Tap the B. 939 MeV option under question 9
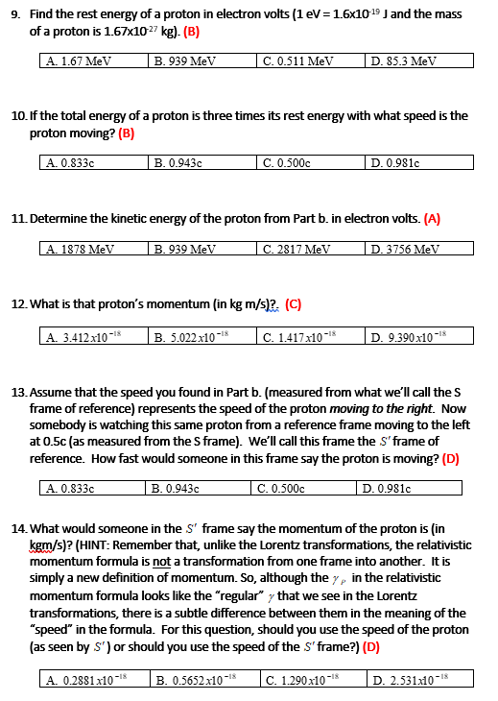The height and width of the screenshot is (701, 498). point(185,60)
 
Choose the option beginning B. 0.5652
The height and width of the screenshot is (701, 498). point(195,680)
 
